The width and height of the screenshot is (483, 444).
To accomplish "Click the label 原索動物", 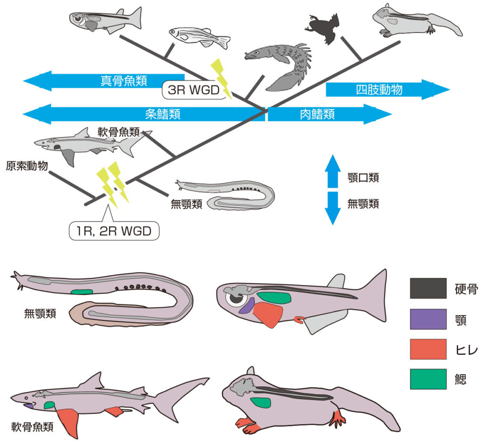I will coord(26,166).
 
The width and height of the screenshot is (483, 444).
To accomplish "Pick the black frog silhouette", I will coord(323,28).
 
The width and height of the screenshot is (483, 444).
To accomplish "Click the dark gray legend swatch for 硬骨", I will coord(428,288).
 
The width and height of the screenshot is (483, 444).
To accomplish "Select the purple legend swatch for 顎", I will coord(428,318).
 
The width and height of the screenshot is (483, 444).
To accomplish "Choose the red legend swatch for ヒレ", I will coord(428,349).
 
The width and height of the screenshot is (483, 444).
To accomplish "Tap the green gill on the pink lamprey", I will coord(82,292).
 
